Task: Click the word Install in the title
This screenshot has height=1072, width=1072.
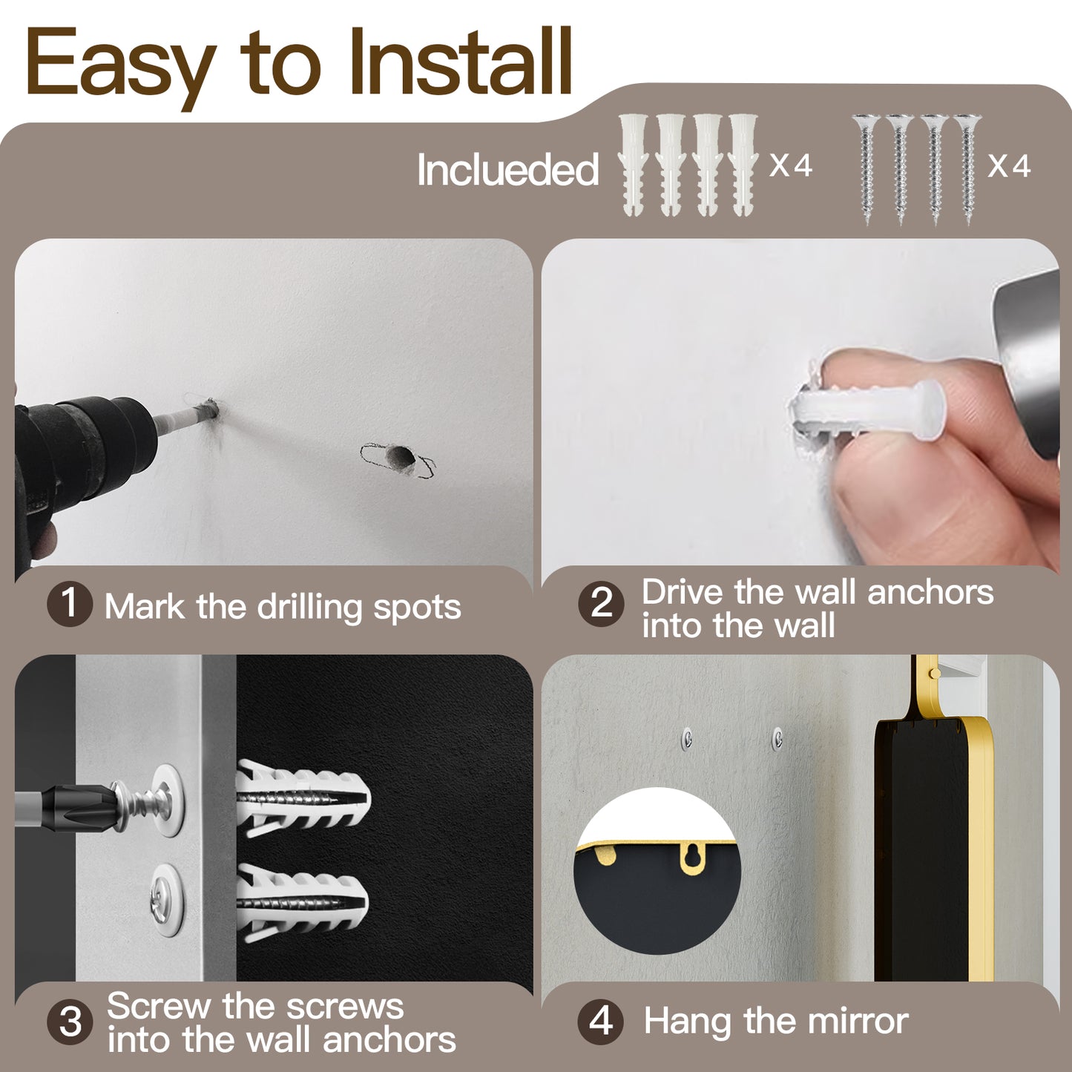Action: coord(460,62)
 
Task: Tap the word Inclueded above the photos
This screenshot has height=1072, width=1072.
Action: coord(507,169)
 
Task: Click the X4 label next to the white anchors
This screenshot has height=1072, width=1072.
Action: coord(791,165)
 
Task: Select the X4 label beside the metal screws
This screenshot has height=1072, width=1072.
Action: coord(1009,165)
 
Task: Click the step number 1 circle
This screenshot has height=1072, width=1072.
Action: coord(70,603)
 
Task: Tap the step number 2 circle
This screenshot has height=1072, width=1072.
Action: coord(601,604)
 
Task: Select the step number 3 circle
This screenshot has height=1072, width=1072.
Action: coord(70,1022)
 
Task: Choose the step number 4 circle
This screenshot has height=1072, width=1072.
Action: coord(601,1022)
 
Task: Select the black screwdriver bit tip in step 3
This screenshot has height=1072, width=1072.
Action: coord(82,806)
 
